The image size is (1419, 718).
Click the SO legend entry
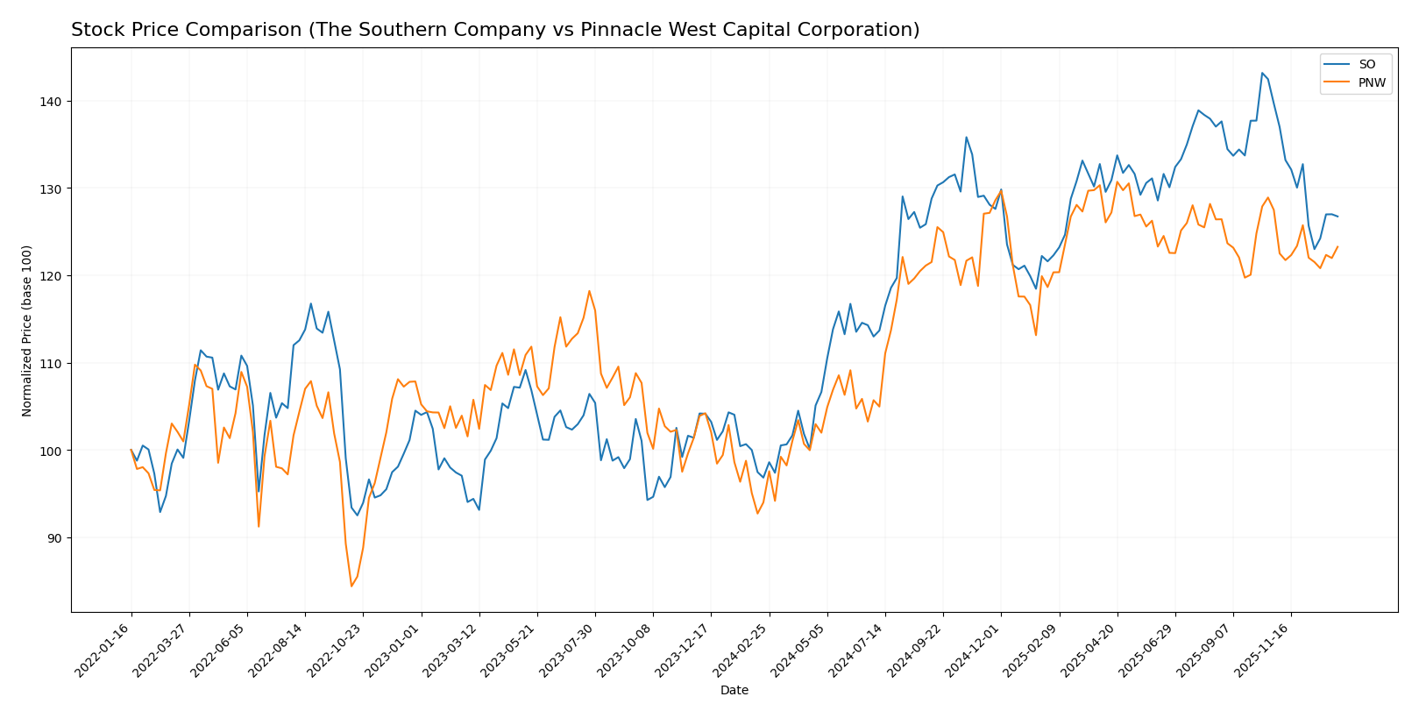pyautogui.click(x=1366, y=64)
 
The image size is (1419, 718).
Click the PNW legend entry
pyautogui.click(x=1372, y=83)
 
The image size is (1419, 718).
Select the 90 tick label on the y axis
pyautogui.click(x=53, y=538)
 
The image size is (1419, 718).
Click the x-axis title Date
pyautogui.click(x=734, y=691)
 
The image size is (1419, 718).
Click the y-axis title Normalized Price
pyautogui.click(x=27, y=331)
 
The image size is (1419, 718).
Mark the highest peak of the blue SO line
pyautogui.click(x=1262, y=73)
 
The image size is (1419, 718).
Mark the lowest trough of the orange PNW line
pyautogui.click(x=351, y=586)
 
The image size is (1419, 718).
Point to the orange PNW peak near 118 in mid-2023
pyautogui.click(x=589, y=291)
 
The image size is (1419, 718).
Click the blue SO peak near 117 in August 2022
pyautogui.click(x=310, y=304)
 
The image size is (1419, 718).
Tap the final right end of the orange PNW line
pyautogui.click(x=1337, y=246)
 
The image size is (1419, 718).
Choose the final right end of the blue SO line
pyautogui.click(x=1337, y=217)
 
